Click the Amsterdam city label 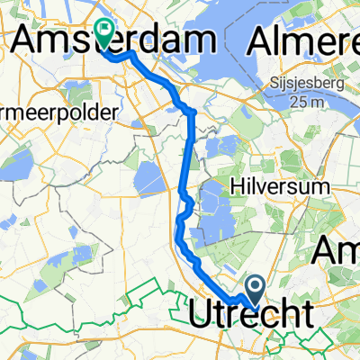pyautogui.click(x=113, y=40)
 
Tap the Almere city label pyautogui.click(x=306, y=40)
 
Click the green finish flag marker pyautogui.click(x=105, y=33)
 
